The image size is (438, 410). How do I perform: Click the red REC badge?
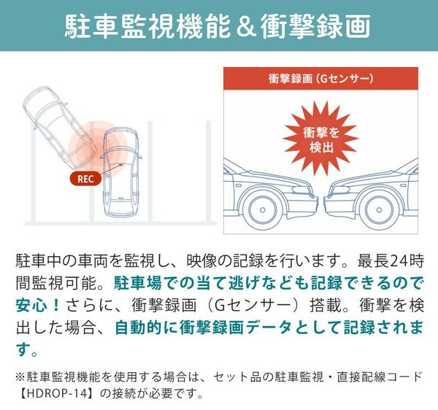(x=85, y=179)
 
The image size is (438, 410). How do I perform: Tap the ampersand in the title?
(x=246, y=26)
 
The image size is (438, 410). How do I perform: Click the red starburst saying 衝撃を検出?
(x=320, y=139)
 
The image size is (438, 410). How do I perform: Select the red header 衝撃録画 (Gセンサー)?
(x=320, y=79)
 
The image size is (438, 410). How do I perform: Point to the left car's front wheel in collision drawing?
(x=263, y=209)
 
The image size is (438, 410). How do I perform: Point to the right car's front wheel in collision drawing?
(x=379, y=209)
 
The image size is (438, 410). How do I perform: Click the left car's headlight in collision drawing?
(x=302, y=190)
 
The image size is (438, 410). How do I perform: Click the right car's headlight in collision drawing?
(x=339, y=190)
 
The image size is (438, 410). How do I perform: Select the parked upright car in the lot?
(x=121, y=172)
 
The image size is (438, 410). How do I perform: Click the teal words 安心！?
(x=38, y=305)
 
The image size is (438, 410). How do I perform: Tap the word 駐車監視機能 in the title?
(x=147, y=26)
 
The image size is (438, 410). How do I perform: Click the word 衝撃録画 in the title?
(x=315, y=26)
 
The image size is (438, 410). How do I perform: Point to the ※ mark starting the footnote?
(x=21, y=377)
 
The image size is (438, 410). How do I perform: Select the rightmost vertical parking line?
(x=208, y=171)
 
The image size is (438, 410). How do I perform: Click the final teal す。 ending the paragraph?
(x=27, y=349)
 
